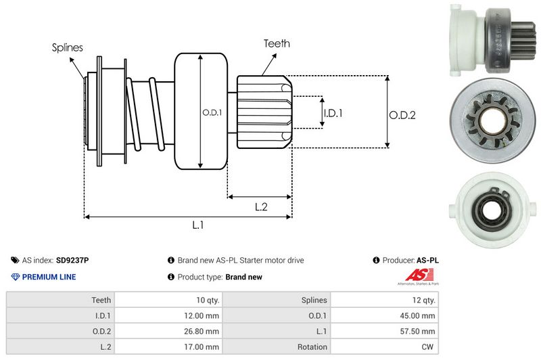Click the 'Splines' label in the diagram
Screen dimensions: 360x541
(x=68, y=47)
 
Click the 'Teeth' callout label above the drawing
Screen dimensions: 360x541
(x=277, y=43)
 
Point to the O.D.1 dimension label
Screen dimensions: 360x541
(x=212, y=112)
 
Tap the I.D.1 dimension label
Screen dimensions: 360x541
(x=333, y=113)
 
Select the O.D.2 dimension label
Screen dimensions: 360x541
(x=402, y=115)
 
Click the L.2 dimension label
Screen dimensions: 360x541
(x=262, y=208)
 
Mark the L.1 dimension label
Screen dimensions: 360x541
(x=198, y=225)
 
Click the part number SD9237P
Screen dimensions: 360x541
(x=72, y=260)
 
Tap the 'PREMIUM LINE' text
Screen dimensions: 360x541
(x=49, y=277)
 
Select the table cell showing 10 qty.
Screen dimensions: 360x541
(x=206, y=300)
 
